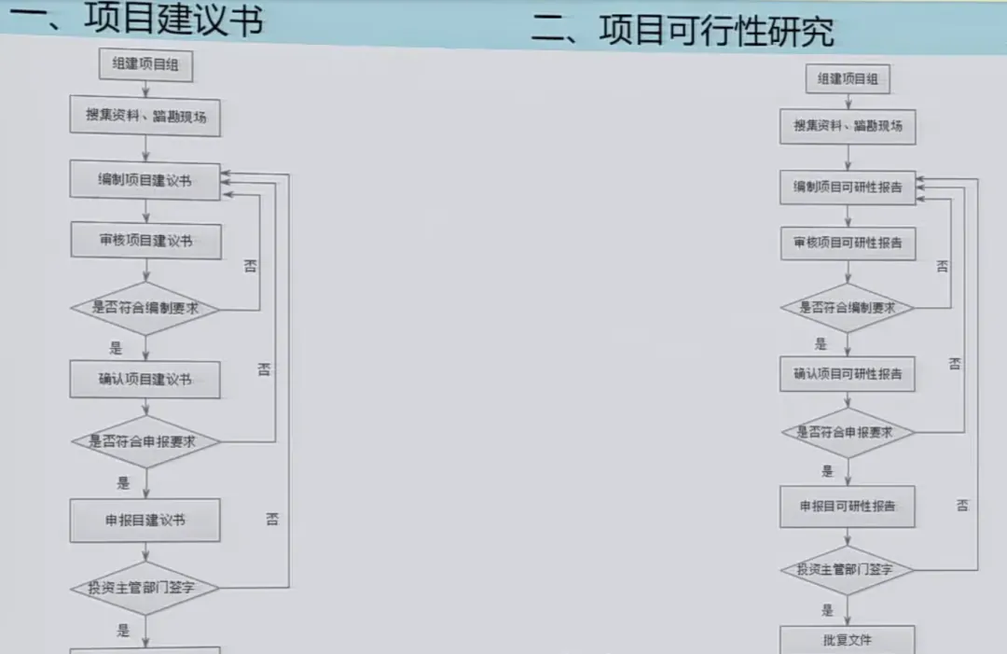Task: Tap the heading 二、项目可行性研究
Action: [683, 30]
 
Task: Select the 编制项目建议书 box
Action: [145, 180]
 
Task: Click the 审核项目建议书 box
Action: [145, 241]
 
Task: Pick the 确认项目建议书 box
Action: [145, 380]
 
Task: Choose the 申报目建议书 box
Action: [145, 520]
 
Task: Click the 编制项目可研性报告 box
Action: [848, 188]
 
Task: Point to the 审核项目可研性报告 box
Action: [848, 243]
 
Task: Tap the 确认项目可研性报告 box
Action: [848, 374]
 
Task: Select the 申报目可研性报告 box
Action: [848, 506]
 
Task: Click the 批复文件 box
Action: [848, 640]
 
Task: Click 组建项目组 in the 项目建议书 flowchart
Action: [145, 65]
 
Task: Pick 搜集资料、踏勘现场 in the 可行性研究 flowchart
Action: [848, 126]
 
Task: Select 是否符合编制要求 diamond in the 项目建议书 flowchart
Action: [145, 308]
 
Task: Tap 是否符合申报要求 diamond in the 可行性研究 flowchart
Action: [848, 432]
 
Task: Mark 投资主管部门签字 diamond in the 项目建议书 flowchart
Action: [145, 588]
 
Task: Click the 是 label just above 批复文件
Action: [828, 610]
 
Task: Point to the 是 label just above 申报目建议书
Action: [123, 483]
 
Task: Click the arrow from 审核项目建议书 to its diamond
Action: [145, 269]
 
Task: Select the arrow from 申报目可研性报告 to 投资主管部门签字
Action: [848, 537]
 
